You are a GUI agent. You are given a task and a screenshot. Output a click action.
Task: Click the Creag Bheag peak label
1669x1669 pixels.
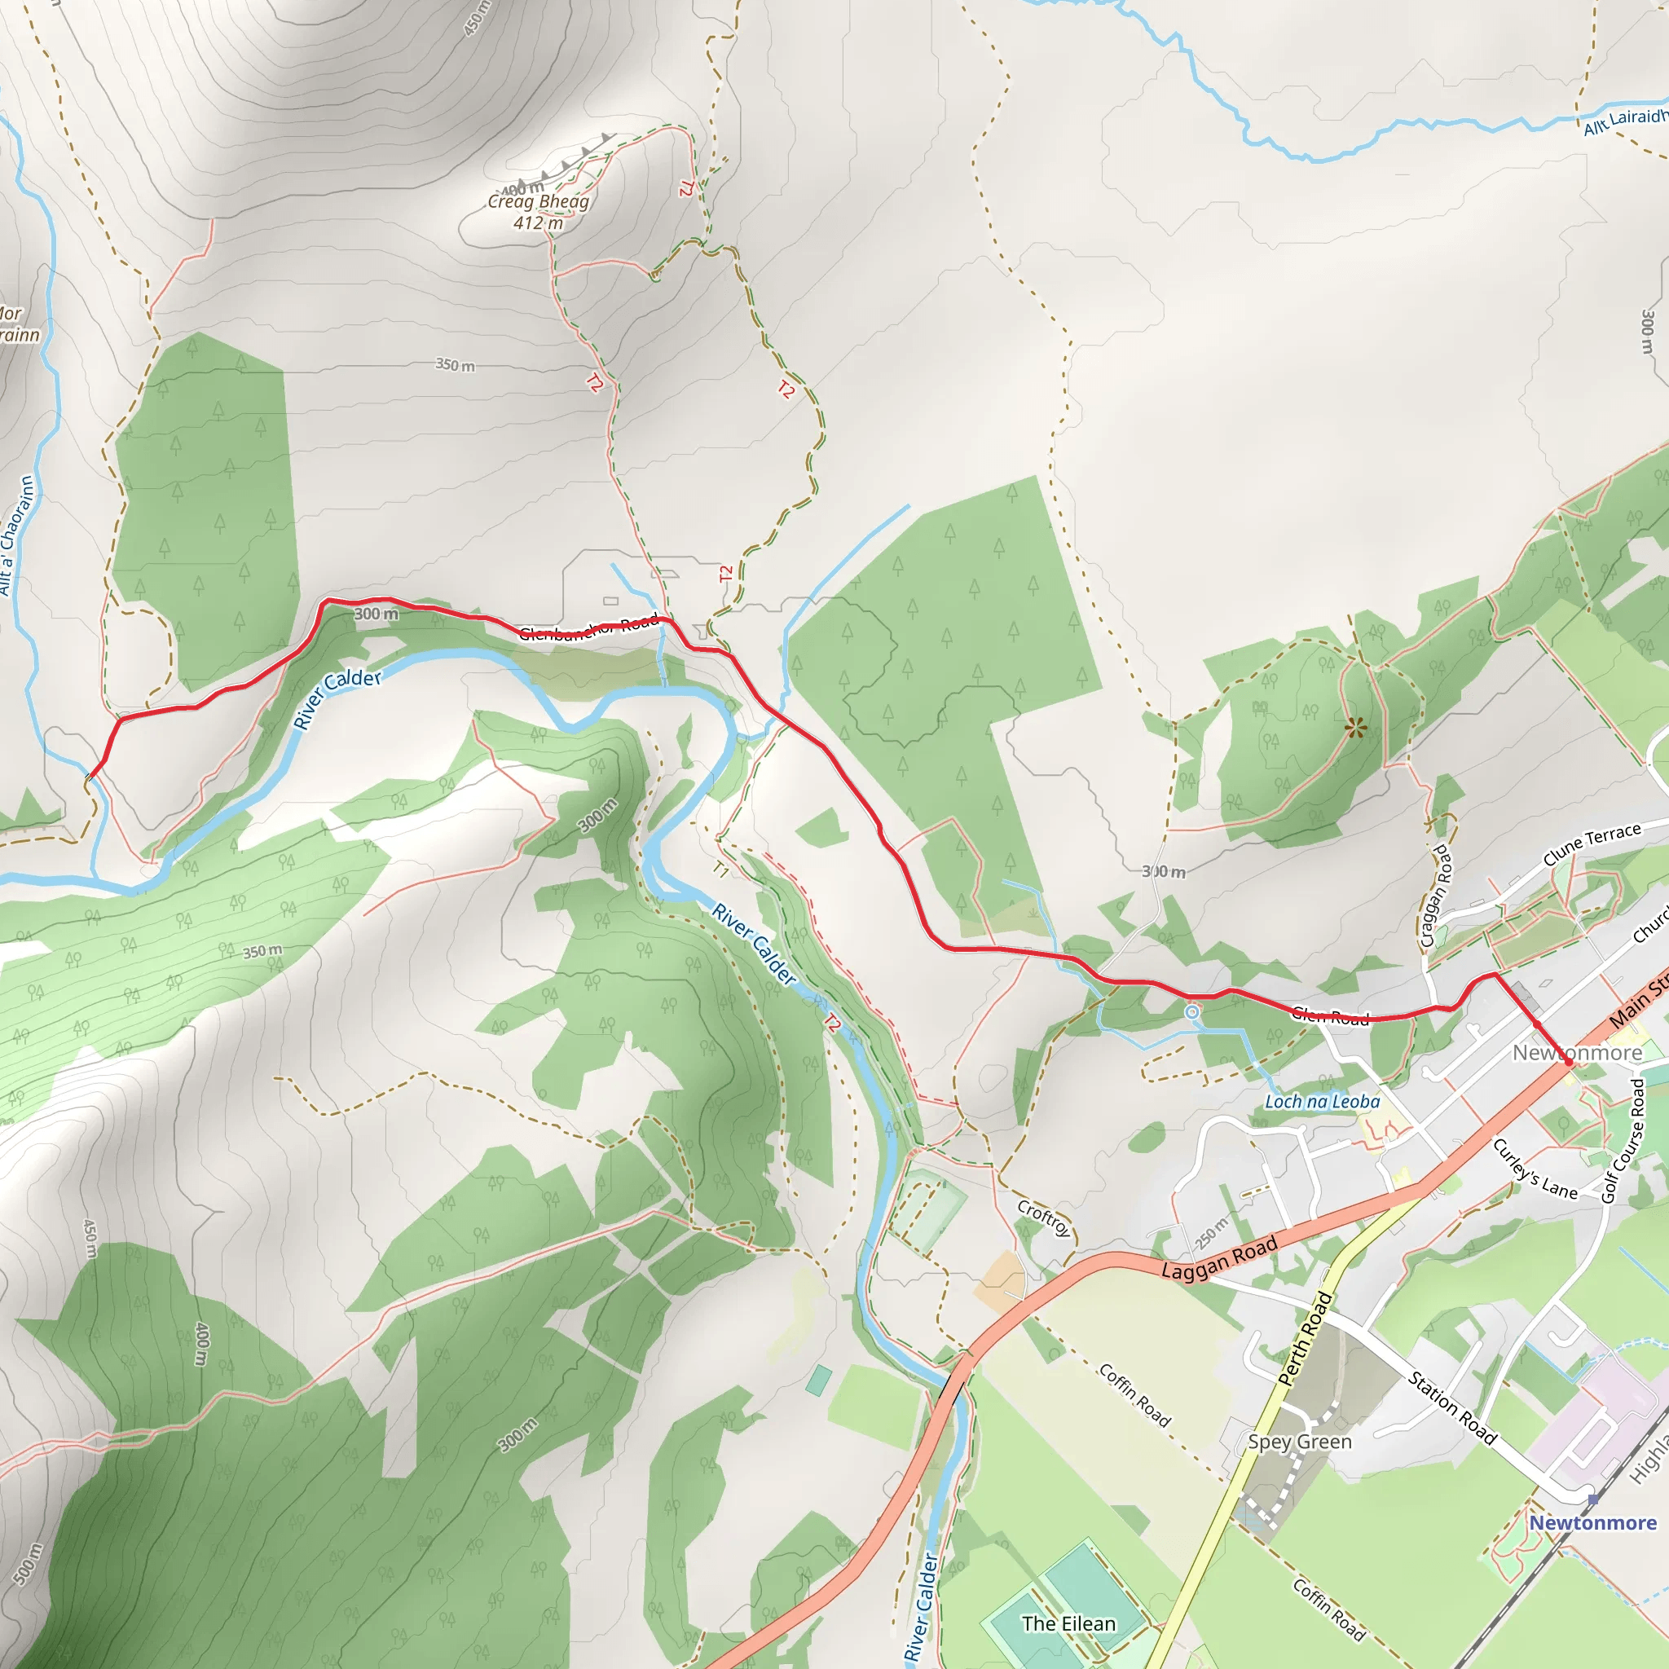[x=537, y=201]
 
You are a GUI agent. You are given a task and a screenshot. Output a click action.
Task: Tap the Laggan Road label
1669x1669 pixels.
[x=1219, y=1258]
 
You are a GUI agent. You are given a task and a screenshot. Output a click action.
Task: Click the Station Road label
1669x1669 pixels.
[x=1451, y=1407]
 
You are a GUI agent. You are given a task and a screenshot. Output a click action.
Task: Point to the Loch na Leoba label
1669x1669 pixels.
[x=1322, y=1102]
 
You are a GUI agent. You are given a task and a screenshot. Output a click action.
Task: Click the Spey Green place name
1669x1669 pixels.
[x=1299, y=1441]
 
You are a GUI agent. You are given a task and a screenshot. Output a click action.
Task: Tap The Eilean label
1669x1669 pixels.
[x=1068, y=1623]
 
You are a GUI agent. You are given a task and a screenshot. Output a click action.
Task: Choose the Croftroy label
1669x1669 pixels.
[x=1045, y=1218]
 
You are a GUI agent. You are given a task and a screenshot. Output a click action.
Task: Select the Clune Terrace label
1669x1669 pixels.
[x=1592, y=844]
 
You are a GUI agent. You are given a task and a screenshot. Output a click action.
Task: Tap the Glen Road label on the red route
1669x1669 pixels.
[x=1330, y=1017]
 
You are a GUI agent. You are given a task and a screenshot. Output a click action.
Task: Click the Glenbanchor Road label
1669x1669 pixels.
[x=589, y=628]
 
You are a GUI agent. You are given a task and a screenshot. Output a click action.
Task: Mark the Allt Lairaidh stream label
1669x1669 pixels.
[x=1624, y=121]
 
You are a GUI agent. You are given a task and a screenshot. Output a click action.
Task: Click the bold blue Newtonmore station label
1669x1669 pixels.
[x=1593, y=1522]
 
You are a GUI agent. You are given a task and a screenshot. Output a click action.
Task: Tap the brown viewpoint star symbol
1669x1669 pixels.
[x=1355, y=729]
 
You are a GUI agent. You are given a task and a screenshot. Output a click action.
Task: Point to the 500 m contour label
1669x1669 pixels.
[x=28, y=1564]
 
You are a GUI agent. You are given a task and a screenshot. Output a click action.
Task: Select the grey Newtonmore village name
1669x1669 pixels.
[x=1577, y=1052]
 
